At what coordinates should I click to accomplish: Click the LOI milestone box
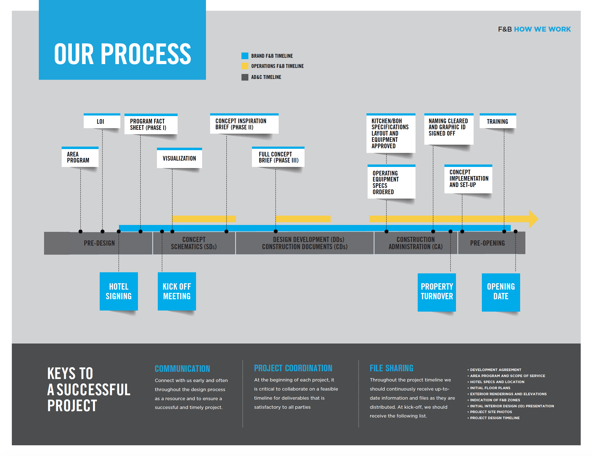(102, 121)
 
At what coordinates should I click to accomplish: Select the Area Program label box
(80, 157)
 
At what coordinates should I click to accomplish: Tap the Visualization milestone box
(180, 158)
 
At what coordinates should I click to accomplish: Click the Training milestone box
(498, 121)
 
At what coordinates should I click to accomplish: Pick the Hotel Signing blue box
(119, 291)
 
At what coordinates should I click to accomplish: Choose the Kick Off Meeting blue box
(177, 291)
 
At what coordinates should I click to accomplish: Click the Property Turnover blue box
(437, 292)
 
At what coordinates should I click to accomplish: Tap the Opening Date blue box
(501, 292)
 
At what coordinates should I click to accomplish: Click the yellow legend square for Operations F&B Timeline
(245, 66)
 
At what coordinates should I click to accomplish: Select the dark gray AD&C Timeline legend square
(245, 77)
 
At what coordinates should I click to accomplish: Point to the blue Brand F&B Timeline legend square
(245, 56)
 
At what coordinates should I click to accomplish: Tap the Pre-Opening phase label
(487, 243)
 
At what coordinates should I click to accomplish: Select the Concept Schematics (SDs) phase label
(194, 243)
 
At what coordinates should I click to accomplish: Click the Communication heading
(182, 369)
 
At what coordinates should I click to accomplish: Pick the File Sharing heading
(392, 368)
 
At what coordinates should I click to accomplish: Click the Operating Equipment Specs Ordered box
(391, 182)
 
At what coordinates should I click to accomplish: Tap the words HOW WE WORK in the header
(542, 29)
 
